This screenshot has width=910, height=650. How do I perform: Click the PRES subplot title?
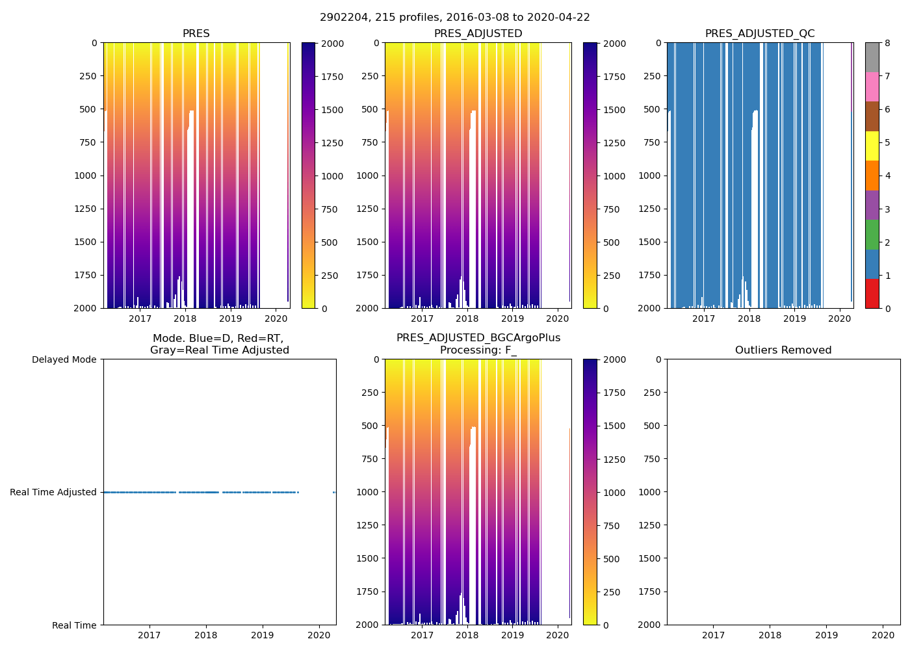click(x=196, y=34)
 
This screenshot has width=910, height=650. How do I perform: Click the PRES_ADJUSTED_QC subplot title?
click(x=760, y=34)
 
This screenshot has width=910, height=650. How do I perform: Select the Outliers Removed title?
click(x=783, y=350)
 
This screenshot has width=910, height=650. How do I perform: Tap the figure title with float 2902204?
click(x=455, y=18)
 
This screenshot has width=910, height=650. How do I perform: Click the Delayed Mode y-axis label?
click(x=64, y=359)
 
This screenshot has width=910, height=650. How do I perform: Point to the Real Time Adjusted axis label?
click(x=53, y=492)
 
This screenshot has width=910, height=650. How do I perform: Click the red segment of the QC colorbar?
click(x=872, y=293)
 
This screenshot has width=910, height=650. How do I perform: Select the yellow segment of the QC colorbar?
click(x=872, y=146)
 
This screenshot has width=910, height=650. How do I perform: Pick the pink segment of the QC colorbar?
click(x=872, y=86)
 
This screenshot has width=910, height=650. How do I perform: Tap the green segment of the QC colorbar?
click(x=872, y=234)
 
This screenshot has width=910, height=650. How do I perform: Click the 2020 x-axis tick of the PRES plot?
click(x=276, y=318)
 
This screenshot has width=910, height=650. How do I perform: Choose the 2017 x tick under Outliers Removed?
click(x=713, y=635)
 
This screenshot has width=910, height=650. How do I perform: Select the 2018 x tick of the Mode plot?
click(x=206, y=635)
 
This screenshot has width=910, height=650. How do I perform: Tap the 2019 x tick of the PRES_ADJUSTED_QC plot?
click(x=794, y=318)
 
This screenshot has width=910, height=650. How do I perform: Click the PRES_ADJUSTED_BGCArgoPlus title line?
click(x=478, y=338)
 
